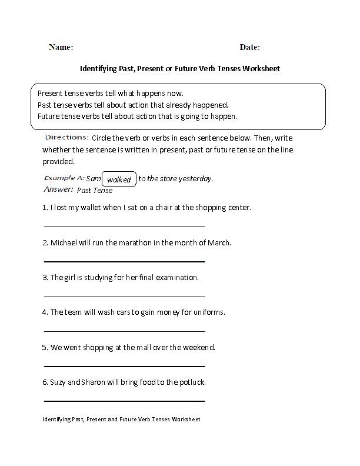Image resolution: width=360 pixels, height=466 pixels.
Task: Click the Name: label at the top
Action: point(61,47)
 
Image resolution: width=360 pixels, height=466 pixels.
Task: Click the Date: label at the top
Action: point(250,47)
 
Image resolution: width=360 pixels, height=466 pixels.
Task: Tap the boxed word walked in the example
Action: point(119,179)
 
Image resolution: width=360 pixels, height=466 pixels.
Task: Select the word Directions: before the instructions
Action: point(66,137)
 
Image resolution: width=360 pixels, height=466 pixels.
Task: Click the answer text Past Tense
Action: point(95,190)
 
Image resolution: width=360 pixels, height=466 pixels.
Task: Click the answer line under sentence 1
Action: point(124,226)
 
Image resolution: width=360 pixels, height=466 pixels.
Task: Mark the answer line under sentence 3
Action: point(124,296)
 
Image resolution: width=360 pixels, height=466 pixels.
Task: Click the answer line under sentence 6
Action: point(124,401)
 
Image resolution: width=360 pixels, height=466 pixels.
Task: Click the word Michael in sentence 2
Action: point(64,242)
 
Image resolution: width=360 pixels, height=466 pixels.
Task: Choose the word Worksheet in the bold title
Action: point(259,68)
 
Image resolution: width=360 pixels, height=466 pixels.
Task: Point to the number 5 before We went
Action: point(45,347)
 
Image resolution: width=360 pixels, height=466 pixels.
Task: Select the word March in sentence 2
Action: point(219,242)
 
